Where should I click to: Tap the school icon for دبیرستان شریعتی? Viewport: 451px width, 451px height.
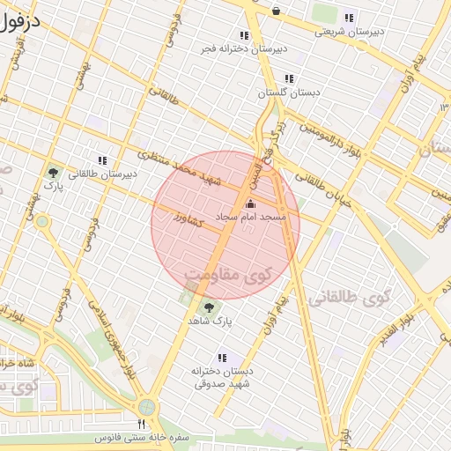click(x=350, y=18)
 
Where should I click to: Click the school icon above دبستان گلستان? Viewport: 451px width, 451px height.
click(x=289, y=78)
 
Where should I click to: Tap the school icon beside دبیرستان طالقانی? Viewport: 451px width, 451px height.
click(x=103, y=160)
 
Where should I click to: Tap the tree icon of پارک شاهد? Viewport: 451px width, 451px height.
click(x=210, y=307)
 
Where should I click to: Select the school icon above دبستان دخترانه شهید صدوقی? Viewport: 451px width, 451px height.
click(x=222, y=358)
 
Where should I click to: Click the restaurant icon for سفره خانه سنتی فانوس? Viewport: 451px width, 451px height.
click(x=141, y=425)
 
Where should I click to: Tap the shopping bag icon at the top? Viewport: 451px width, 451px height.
click(x=276, y=11)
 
